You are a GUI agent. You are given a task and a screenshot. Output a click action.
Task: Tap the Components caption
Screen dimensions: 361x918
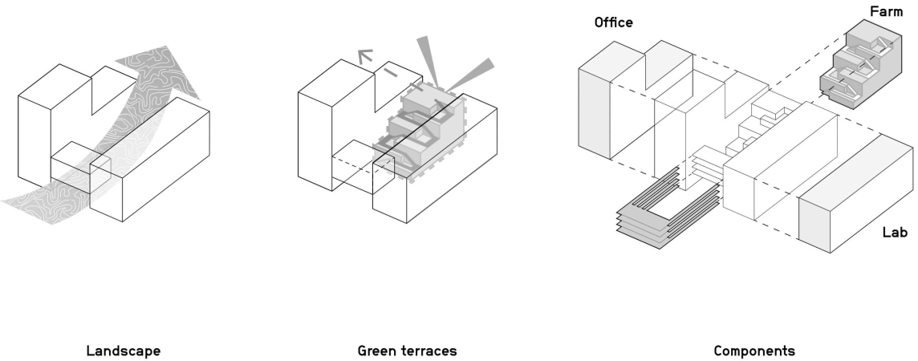click(x=754, y=351)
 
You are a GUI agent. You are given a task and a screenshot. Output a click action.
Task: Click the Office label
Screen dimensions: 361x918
click(x=613, y=22)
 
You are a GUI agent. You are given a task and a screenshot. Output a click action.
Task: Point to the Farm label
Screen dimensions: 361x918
click(x=887, y=12)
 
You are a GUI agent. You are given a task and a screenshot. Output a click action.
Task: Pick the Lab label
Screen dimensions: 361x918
click(x=895, y=233)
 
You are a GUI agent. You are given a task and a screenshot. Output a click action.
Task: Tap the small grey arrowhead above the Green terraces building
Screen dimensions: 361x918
click(x=364, y=56)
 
